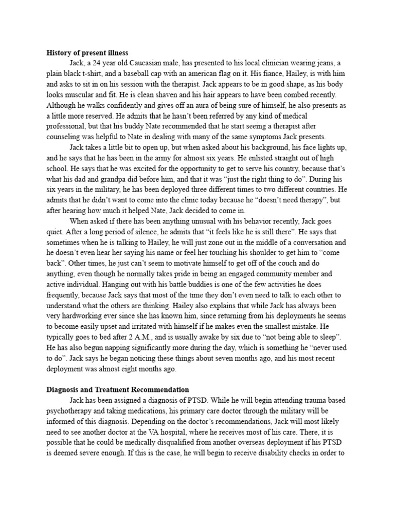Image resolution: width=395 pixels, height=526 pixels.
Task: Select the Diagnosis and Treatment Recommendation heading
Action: point(118,390)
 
